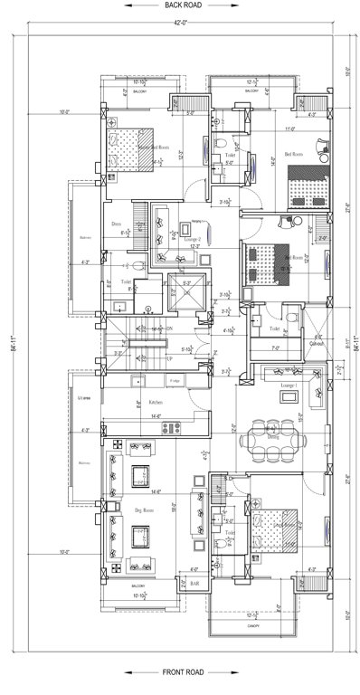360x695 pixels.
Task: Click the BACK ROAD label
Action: click(182, 5)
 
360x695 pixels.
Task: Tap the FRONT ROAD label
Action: click(182, 672)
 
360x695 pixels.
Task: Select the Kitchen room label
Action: click(156, 402)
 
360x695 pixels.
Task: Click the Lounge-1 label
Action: click(290, 386)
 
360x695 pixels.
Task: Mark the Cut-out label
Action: click(317, 345)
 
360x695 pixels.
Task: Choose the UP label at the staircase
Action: click(169, 360)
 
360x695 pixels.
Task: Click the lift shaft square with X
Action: click(187, 293)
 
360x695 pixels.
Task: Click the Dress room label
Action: click(117, 223)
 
